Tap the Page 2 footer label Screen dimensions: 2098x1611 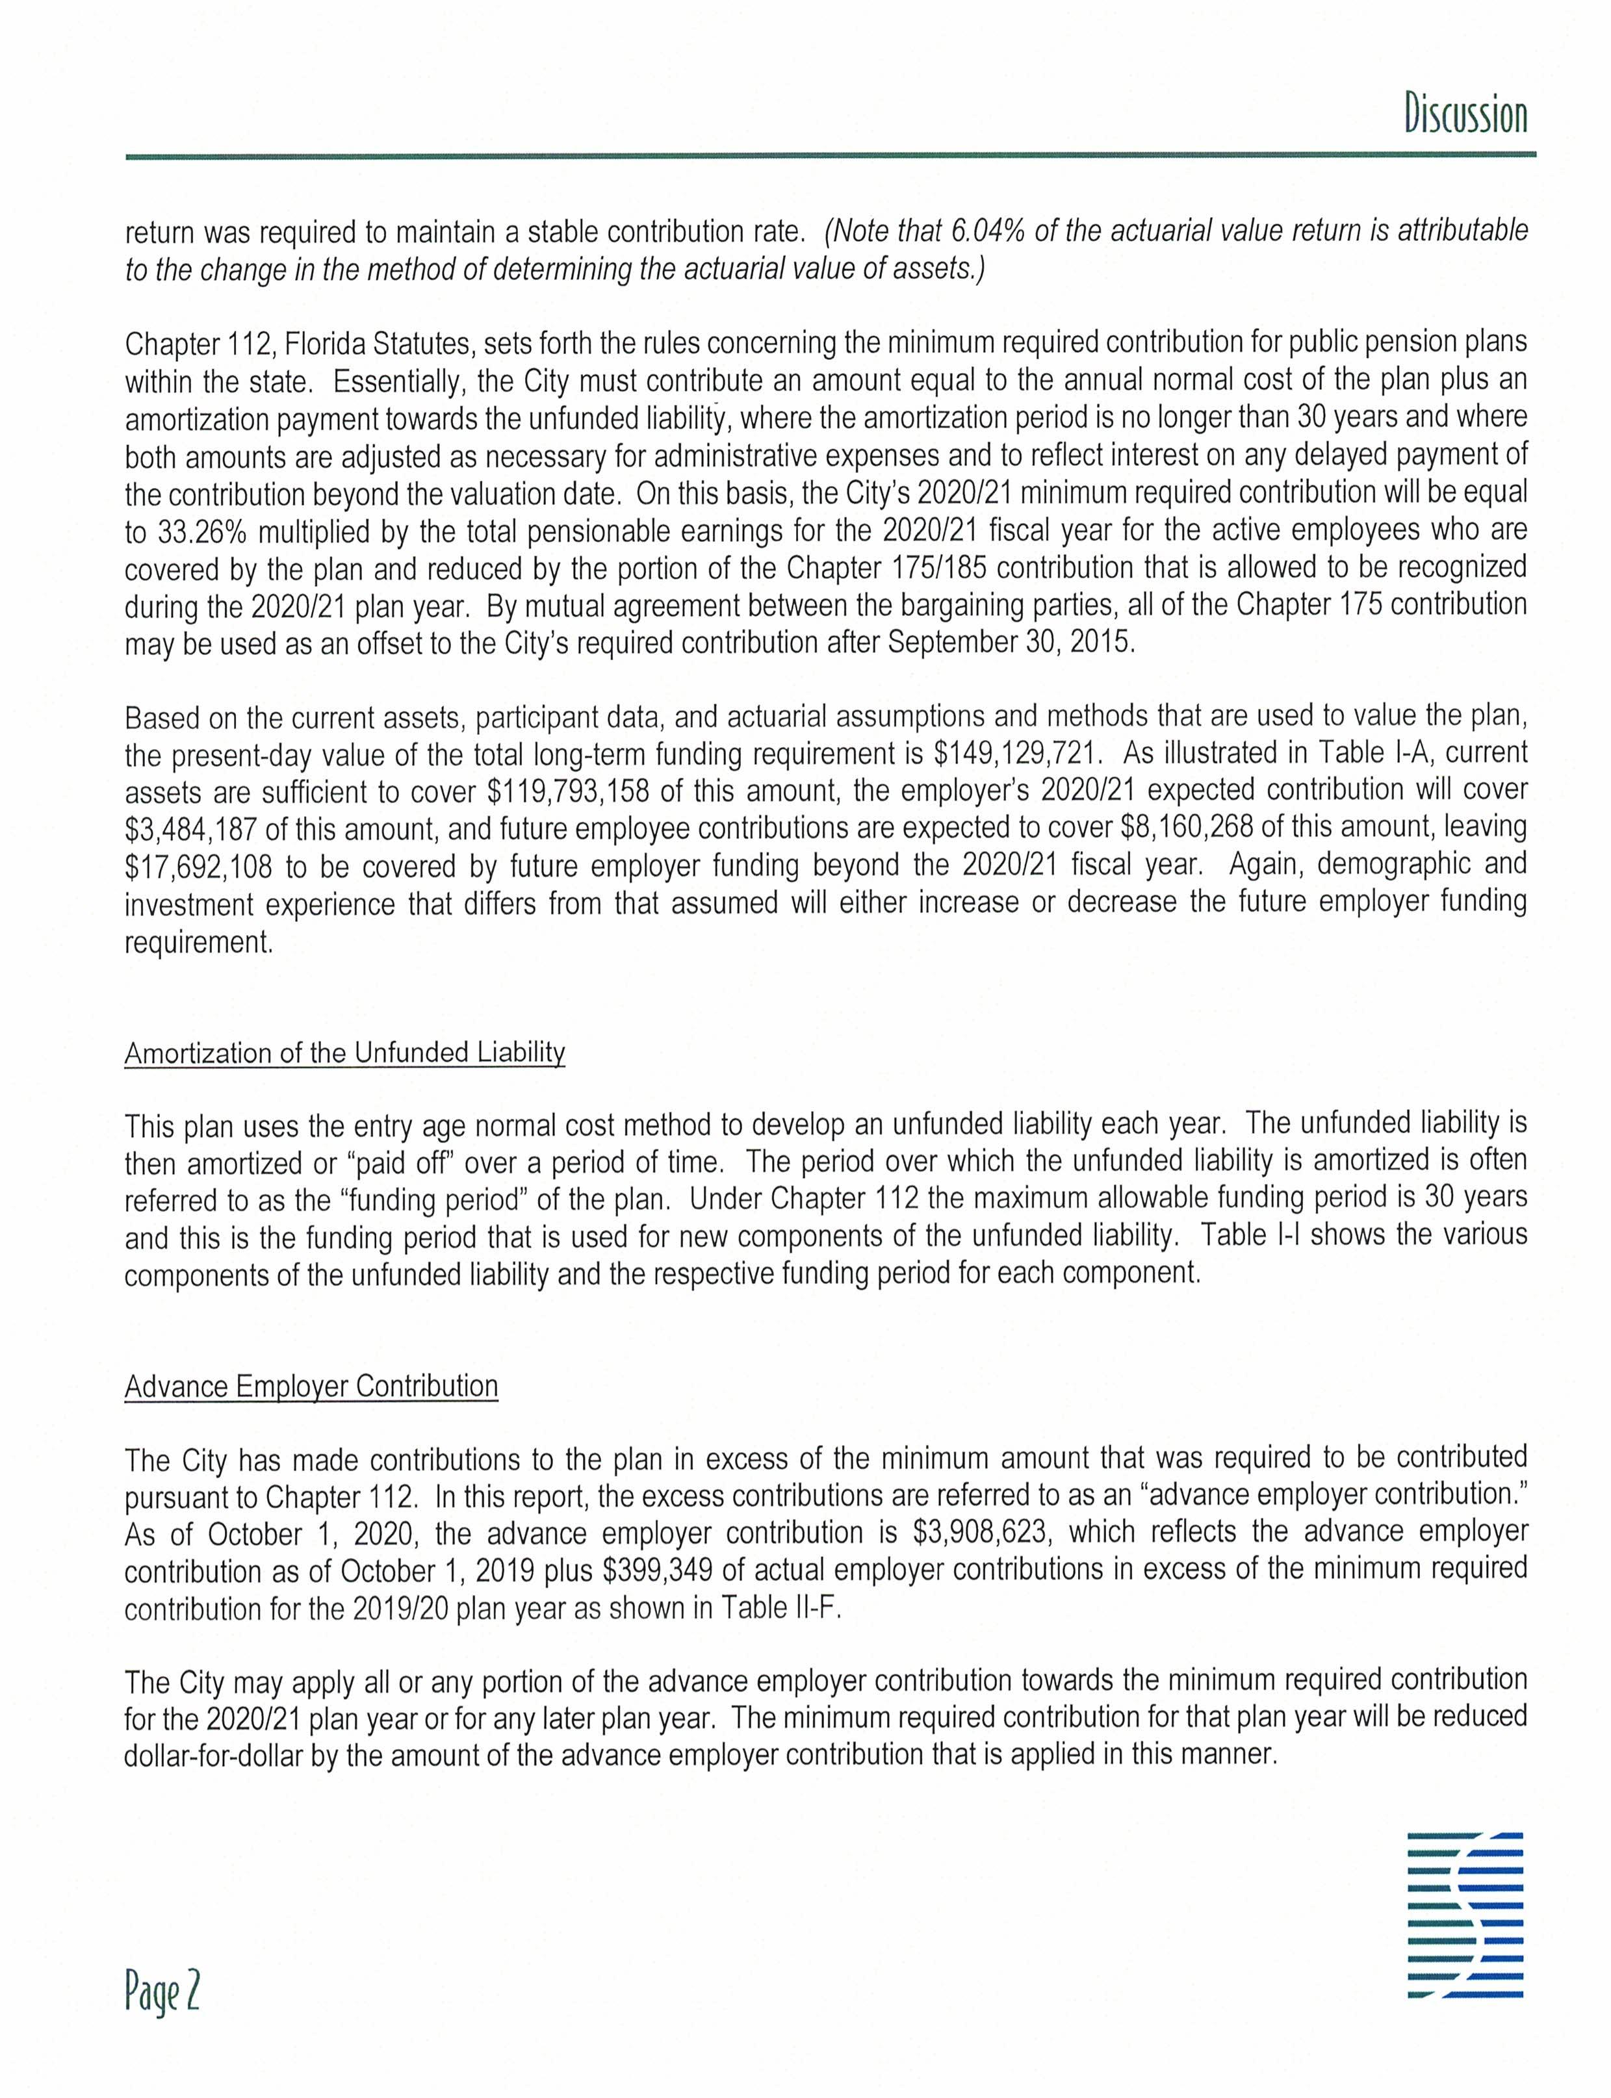pyautogui.click(x=161, y=1993)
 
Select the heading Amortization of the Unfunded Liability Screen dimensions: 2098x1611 pyautogui.click(x=344, y=1053)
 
